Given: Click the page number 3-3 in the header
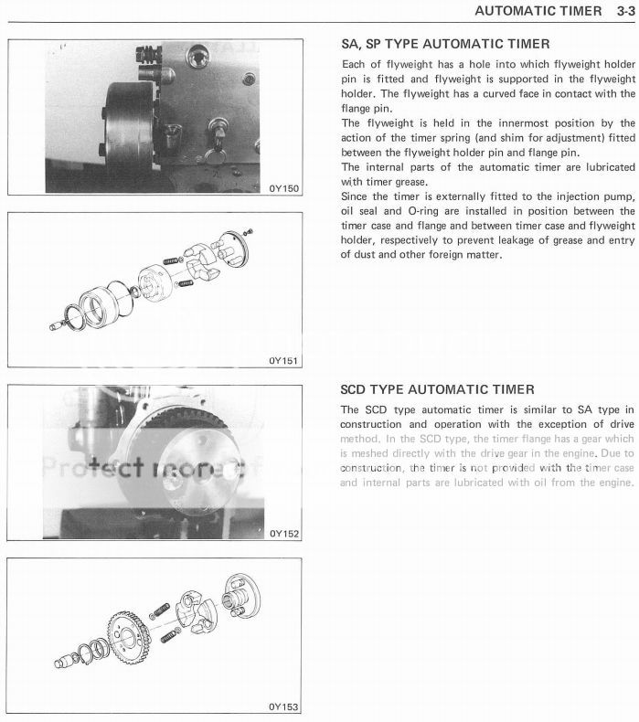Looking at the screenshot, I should (622, 11).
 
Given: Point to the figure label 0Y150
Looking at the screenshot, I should (282, 189).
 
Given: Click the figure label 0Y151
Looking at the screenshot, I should (282, 360).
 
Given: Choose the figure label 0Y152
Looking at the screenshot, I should (282, 533).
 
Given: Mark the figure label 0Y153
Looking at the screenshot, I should (282, 706).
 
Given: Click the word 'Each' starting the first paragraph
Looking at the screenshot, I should (354, 65).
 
